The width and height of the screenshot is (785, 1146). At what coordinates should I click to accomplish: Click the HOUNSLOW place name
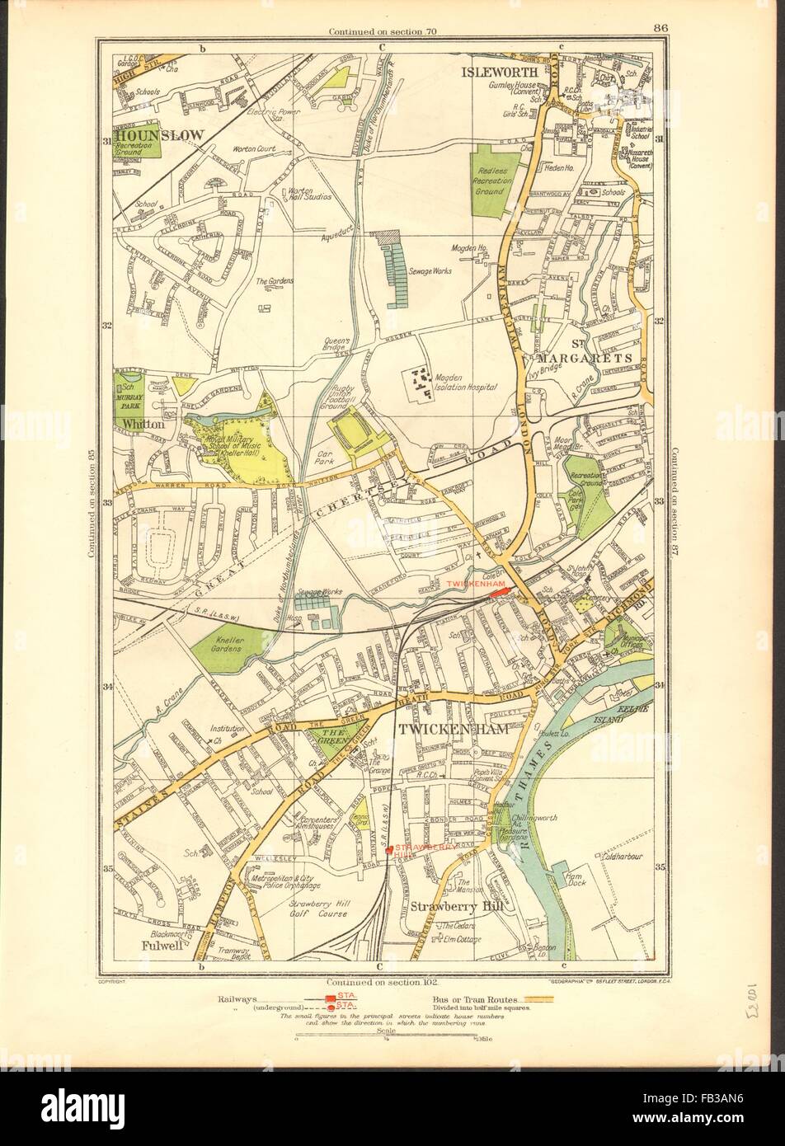[156, 134]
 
